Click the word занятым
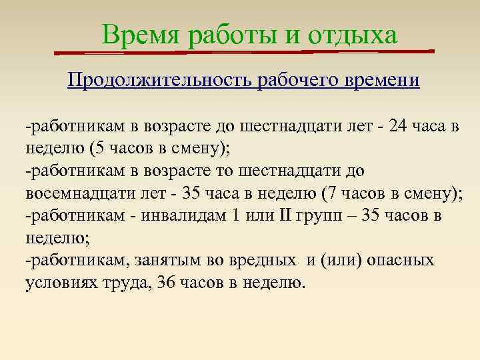(x=165, y=260)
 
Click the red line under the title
(x=244, y=51)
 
